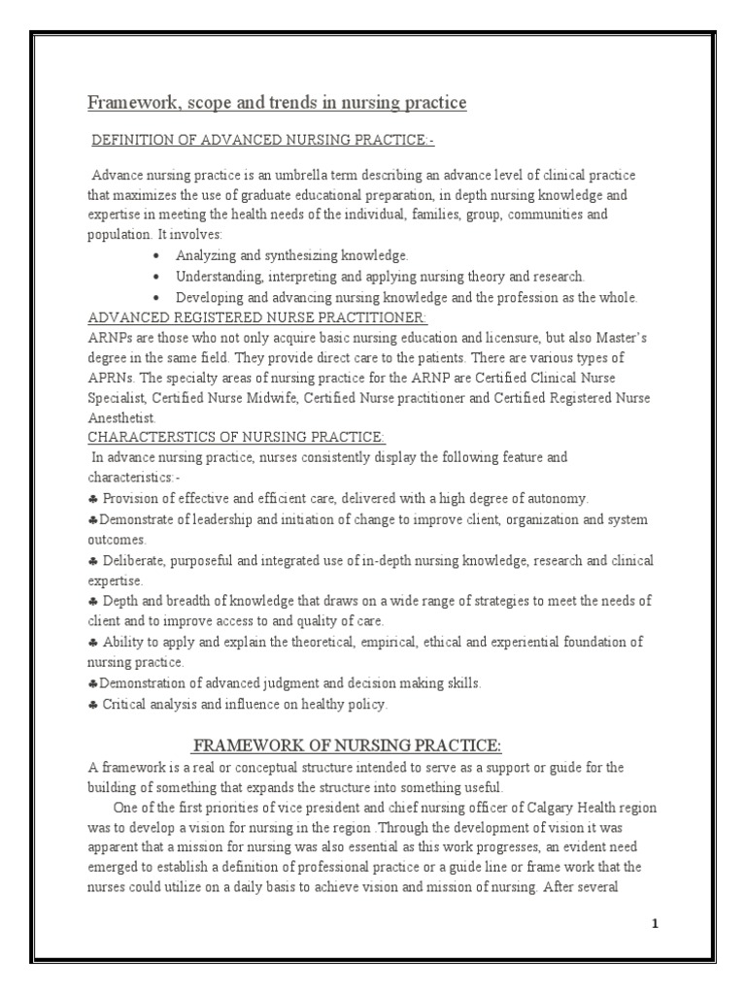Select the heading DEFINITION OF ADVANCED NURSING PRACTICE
(x=262, y=142)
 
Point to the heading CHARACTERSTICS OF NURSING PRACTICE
(x=223, y=439)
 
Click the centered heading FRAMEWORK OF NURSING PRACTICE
(x=347, y=745)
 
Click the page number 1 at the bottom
(x=656, y=923)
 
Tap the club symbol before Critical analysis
(x=92, y=704)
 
